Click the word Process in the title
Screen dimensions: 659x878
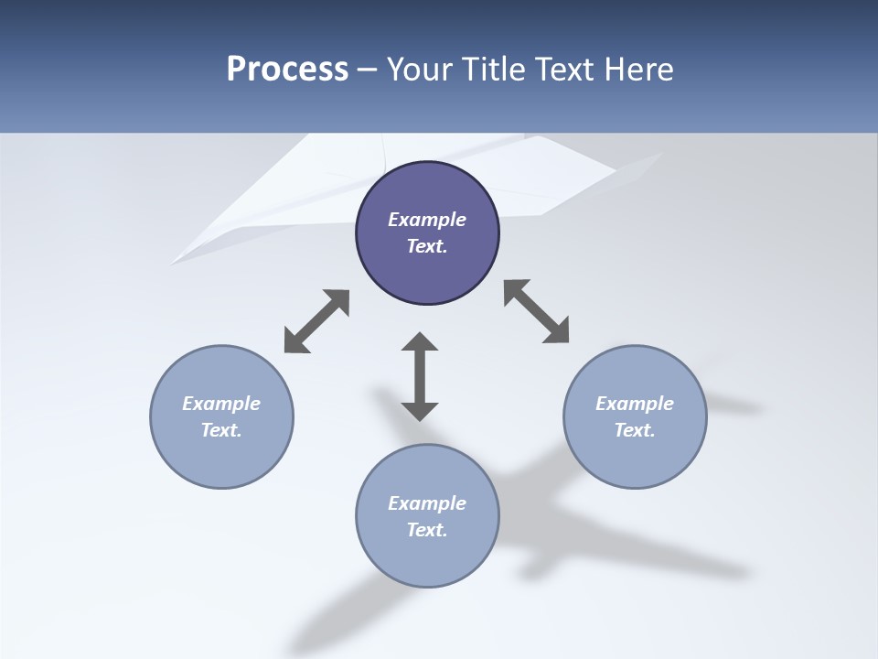(x=287, y=70)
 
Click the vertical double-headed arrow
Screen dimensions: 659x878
(x=420, y=376)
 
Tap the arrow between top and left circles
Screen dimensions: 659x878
(x=316, y=321)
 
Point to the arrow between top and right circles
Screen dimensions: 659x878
(x=537, y=311)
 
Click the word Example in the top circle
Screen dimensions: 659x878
(x=427, y=220)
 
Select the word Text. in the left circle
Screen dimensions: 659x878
(x=221, y=430)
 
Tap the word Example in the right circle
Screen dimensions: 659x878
(x=635, y=404)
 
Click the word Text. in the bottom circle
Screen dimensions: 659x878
(x=427, y=530)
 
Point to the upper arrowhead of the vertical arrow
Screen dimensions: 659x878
(x=420, y=341)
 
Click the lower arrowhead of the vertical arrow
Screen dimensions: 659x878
(x=420, y=411)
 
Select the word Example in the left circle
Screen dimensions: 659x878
(x=221, y=404)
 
